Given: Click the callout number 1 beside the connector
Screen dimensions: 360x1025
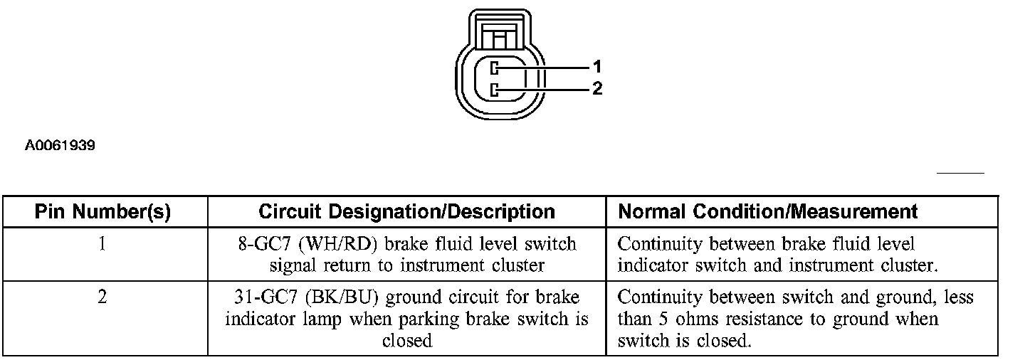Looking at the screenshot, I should point(597,67).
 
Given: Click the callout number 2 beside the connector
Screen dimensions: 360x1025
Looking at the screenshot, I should point(597,89).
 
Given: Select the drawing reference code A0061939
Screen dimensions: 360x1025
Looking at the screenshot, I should point(61,146).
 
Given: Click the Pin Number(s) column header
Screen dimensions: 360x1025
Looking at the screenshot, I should point(103,212).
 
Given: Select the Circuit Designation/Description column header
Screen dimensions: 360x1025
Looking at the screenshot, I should point(406,212).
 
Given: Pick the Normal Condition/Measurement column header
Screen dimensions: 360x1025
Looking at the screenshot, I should point(767,212).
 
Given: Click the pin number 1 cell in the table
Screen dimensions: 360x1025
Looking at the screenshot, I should point(102,244).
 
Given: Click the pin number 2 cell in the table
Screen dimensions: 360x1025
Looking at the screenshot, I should point(102,297).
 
